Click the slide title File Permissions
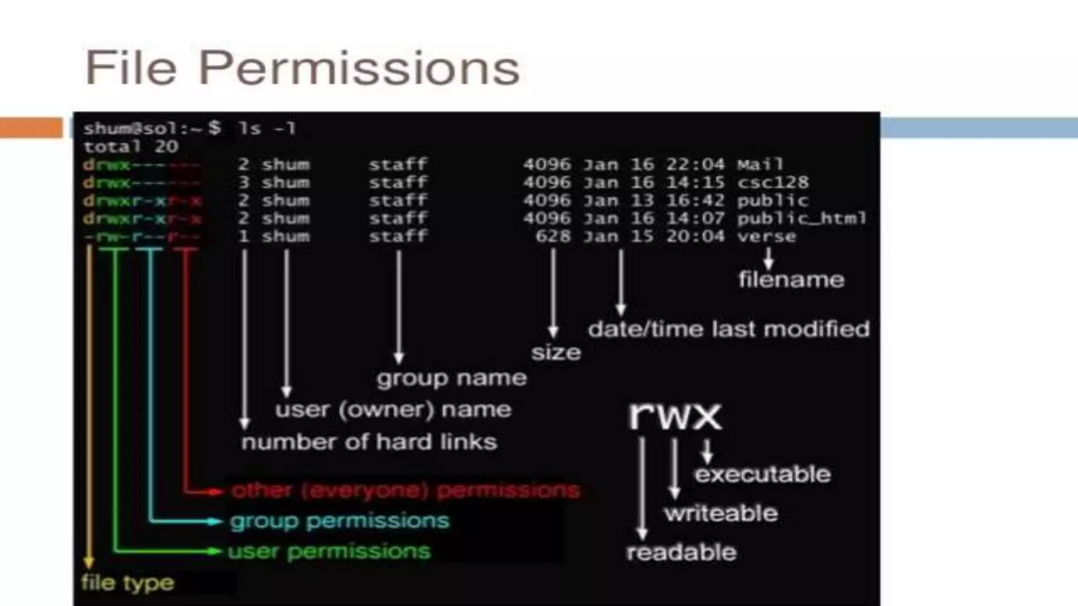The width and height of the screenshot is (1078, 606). point(302,68)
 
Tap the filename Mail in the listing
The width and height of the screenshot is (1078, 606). point(760,165)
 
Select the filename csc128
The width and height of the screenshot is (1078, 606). point(772,183)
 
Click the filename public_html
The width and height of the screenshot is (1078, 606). point(801,218)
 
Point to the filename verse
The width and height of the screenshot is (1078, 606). point(766,236)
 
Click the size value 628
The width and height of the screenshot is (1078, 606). point(553,236)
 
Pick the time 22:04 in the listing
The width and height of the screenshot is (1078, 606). point(695,165)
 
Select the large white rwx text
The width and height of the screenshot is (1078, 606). point(675,416)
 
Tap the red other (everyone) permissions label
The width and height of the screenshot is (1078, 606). point(405,490)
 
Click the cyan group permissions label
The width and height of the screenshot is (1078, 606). point(340,521)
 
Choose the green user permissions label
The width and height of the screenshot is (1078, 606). point(329,551)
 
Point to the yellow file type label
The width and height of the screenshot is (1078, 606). point(127,583)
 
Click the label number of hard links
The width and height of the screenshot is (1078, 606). point(369,442)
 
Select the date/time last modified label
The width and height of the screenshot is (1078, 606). point(728,329)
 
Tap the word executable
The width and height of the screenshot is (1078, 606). point(762,474)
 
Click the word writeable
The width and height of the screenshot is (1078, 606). point(721,513)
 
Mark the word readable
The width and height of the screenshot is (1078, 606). point(681,552)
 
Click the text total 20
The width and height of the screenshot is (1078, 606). point(131,147)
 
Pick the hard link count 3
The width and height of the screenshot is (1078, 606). point(243,183)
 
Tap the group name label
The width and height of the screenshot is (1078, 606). point(451,378)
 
